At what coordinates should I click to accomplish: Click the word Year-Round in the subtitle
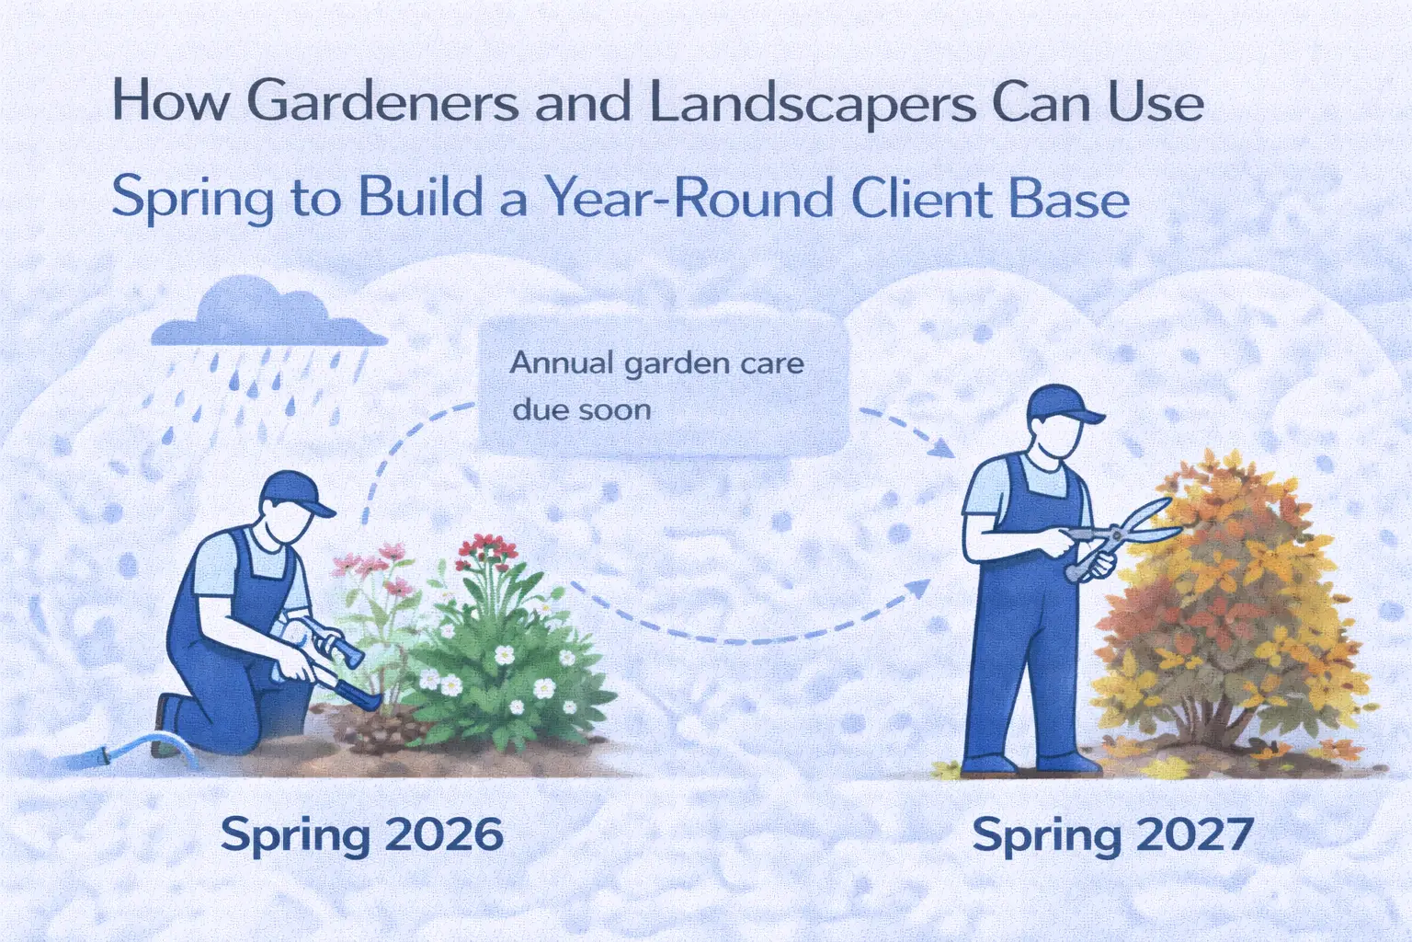tap(689, 198)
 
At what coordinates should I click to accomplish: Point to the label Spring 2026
tap(362, 834)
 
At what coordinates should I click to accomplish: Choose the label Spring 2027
tap(1112, 834)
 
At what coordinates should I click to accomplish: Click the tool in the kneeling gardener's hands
tap(331, 662)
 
